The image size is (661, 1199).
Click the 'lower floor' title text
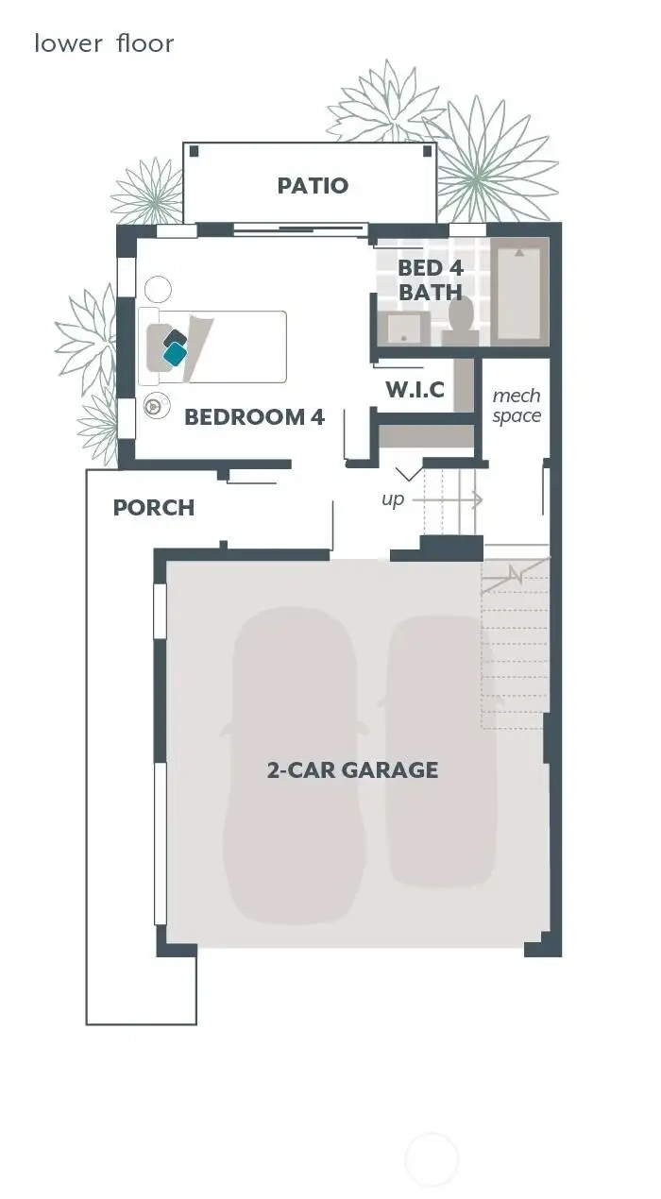click(x=104, y=43)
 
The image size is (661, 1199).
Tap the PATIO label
click(x=313, y=186)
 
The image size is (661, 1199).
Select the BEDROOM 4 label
click(x=254, y=416)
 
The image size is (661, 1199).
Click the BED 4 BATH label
click(x=430, y=280)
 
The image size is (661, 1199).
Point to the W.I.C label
click(x=415, y=389)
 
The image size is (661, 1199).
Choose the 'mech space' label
click(x=517, y=406)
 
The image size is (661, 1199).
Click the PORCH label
click(x=154, y=508)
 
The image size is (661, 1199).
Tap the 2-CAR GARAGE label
click(x=352, y=769)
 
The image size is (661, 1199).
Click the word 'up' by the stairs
click(x=393, y=498)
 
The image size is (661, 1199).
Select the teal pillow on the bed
click(x=175, y=354)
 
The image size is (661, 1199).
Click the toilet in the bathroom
click(x=462, y=317)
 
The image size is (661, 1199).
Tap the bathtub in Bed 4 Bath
click(x=519, y=292)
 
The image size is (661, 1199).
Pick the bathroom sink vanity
click(x=403, y=329)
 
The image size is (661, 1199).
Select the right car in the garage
click(x=441, y=751)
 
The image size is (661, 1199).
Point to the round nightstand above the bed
click(x=158, y=288)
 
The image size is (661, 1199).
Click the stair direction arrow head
click(x=479, y=499)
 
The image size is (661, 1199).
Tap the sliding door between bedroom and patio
click(x=299, y=228)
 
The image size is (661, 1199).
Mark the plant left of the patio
click(x=148, y=192)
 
